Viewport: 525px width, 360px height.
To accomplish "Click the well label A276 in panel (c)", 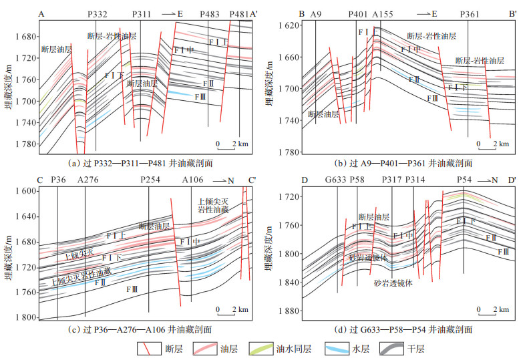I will pos(87,180).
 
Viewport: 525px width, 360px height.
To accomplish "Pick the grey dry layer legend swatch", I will pos(394,348).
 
